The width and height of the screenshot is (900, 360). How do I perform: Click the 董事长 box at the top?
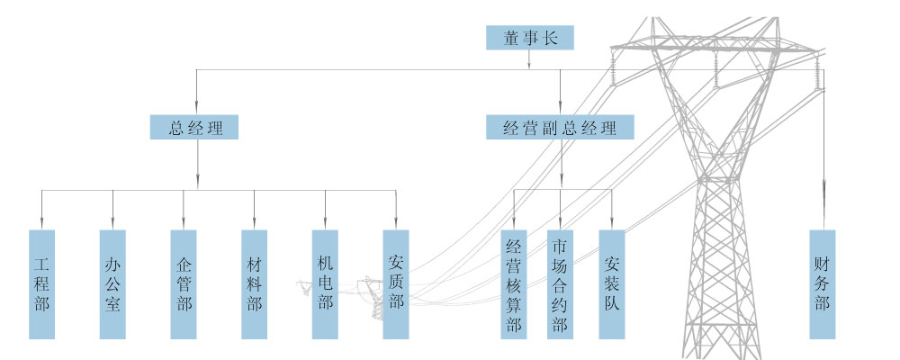(x=529, y=37)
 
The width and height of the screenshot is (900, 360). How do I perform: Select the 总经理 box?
(x=194, y=127)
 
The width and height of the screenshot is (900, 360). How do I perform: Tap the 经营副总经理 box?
(x=561, y=127)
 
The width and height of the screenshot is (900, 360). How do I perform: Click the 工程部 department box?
(x=41, y=284)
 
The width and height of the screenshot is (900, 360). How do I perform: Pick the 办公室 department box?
(x=112, y=284)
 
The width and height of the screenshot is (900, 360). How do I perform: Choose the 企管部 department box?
(x=184, y=284)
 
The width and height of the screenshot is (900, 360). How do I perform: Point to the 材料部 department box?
(x=254, y=284)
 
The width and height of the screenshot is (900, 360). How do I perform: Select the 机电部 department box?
(x=325, y=284)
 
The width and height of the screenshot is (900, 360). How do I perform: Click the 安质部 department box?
(x=396, y=284)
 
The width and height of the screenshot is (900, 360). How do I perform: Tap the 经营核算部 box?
(x=514, y=284)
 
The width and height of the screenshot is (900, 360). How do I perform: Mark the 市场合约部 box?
(x=560, y=284)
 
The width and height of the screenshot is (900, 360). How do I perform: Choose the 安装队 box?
(x=612, y=284)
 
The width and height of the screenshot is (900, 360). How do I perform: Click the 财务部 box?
(x=823, y=284)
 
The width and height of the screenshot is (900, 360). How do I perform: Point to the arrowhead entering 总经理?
(x=195, y=109)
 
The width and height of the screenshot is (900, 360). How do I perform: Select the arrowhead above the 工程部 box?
(x=41, y=222)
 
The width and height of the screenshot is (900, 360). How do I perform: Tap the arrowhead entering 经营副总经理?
(x=561, y=109)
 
